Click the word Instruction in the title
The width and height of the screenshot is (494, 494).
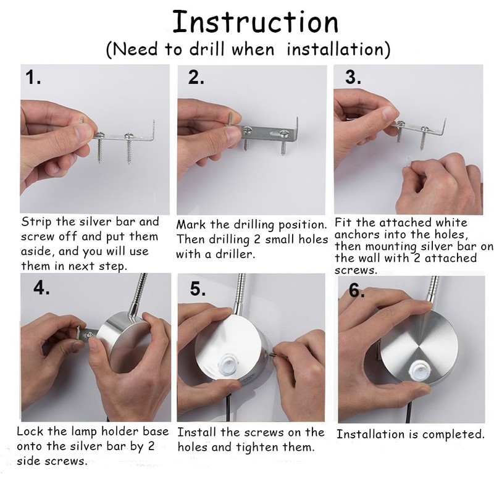(x=256, y=22)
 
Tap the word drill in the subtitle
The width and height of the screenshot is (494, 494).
(x=207, y=49)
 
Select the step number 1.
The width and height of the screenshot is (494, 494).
(x=33, y=77)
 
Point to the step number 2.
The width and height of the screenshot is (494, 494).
(x=196, y=77)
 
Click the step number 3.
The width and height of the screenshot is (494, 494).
(x=353, y=77)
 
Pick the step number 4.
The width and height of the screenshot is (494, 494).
(x=41, y=287)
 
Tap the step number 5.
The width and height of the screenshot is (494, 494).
(x=198, y=288)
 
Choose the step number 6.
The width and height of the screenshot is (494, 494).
(x=357, y=290)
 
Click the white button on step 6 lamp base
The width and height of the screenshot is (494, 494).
(x=419, y=370)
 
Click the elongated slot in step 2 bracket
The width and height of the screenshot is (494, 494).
(x=275, y=133)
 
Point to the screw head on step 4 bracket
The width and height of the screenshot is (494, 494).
(x=89, y=335)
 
